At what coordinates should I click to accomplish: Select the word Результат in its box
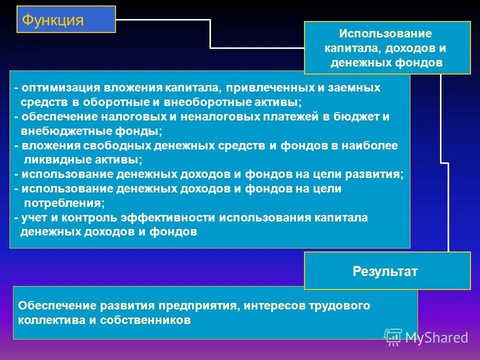(x=385, y=271)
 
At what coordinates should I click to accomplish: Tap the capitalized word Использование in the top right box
(x=385, y=34)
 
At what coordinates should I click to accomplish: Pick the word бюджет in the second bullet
(x=353, y=116)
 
